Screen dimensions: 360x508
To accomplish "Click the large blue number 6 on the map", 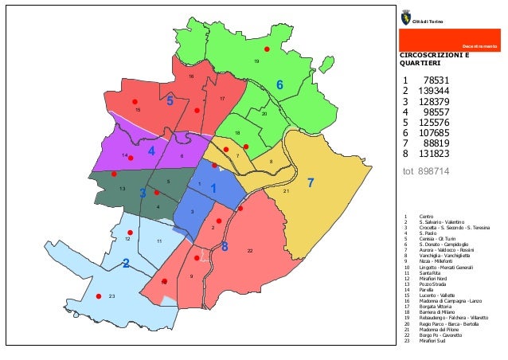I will pos(279,84).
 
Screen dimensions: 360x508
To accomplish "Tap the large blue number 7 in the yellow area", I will pos(311,183).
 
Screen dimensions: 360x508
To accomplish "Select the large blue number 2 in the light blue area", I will pos(126,264).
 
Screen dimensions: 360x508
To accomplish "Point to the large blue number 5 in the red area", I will pos(170,101).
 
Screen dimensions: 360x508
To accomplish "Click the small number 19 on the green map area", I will pos(256,61).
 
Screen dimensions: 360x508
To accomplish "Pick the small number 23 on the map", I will pos(112,296).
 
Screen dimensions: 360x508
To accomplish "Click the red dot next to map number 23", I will pos(98,296).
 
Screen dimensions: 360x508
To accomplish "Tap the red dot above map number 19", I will pos(268,49).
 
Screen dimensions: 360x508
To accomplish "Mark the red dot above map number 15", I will pos(135,102).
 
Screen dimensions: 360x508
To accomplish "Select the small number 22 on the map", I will pos(250,251).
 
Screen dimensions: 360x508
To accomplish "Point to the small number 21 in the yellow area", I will pos(286,191).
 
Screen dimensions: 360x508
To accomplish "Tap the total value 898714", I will pos(434,170).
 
